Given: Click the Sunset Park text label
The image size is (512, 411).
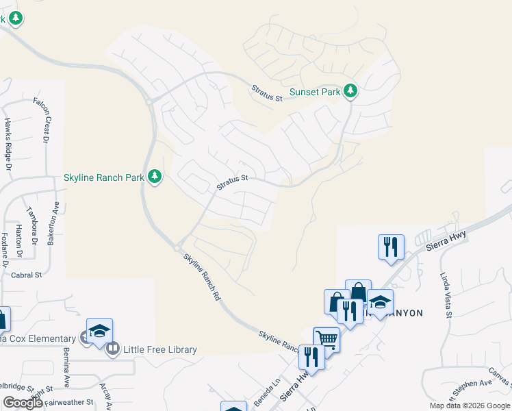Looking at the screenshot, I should tap(314, 92).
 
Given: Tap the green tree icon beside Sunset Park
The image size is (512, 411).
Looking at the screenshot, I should tap(350, 90).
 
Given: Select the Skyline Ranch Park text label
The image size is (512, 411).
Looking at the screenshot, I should tap(103, 177).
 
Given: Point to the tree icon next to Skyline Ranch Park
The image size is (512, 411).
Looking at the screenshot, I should tap(155, 177).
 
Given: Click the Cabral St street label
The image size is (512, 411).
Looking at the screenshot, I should tap(27, 275).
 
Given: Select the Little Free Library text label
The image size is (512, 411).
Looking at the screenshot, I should tap(159, 349).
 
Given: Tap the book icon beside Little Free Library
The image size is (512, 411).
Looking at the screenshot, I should tap(113, 349).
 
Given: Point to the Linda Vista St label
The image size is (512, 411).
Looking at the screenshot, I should tap(447, 295).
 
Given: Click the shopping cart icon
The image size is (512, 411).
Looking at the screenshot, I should tap(327, 338).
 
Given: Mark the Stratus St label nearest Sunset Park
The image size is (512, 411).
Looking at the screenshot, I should tap(267, 93).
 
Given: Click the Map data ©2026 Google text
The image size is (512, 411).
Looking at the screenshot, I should tap(469, 406).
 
